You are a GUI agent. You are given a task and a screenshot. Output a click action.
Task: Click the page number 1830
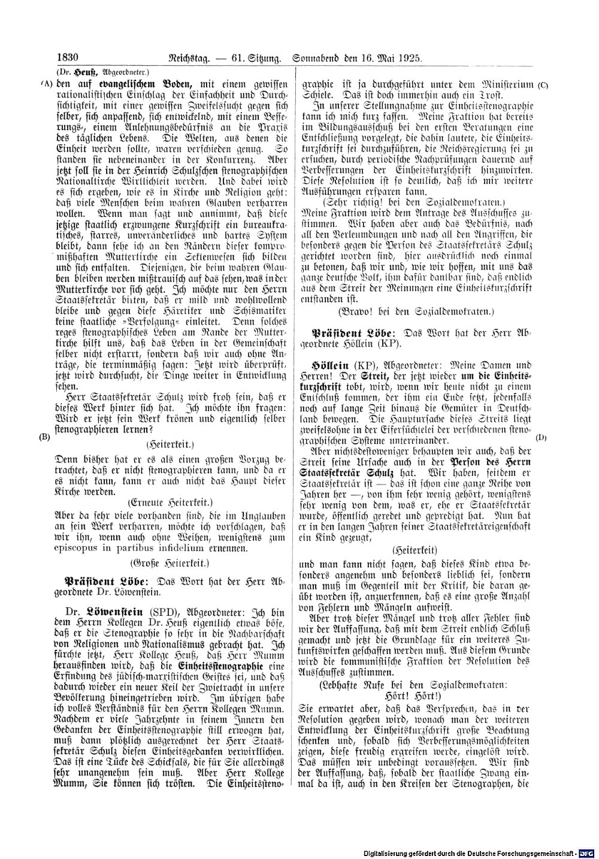click(x=68, y=58)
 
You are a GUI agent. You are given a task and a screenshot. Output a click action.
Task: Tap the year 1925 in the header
click(x=409, y=59)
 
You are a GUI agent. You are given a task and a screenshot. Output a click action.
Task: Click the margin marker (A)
click(x=47, y=84)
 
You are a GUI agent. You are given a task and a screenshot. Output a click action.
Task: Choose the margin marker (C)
click(x=543, y=85)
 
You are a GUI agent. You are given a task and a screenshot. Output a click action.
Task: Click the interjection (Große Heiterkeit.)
click(x=170, y=563)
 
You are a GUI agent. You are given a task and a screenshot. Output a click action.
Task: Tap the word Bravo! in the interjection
click(x=355, y=311)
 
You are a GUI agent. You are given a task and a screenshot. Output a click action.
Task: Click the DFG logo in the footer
click(x=591, y=853)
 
